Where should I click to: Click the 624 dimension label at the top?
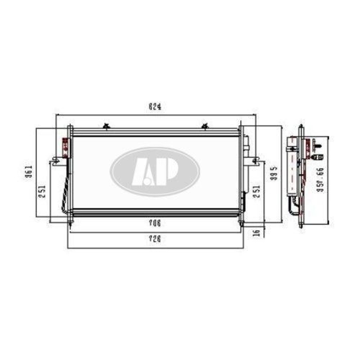(x=154, y=107)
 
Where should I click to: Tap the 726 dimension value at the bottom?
(x=155, y=239)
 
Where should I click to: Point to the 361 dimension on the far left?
(x=27, y=173)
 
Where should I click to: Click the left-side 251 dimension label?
(x=41, y=193)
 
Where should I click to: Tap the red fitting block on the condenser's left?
(x=65, y=145)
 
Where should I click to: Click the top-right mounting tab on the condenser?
(x=205, y=126)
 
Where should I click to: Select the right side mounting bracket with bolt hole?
(x=255, y=160)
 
